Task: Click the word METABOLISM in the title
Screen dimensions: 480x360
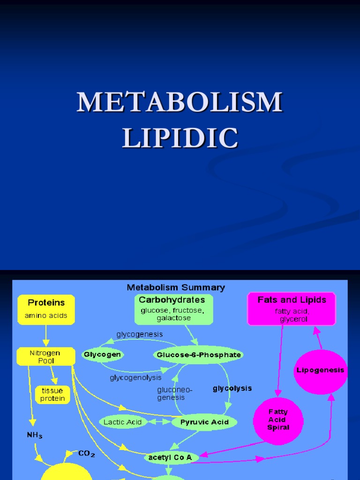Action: (x=180, y=102)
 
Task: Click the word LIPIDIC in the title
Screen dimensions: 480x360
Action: (x=180, y=138)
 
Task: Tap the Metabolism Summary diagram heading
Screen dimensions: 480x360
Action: (x=176, y=287)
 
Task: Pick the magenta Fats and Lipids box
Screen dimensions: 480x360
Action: (x=292, y=308)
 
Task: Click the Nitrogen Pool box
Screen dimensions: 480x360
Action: (x=45, y=357)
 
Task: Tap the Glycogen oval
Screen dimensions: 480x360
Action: (x=102, y=355)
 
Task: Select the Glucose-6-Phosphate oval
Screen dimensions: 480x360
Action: (x=199, y=355)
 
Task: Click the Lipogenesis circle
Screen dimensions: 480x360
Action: (x=320, y=370)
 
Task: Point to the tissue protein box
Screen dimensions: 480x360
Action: (x=52, y=394)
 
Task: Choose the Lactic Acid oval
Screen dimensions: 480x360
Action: (x=123, y=422)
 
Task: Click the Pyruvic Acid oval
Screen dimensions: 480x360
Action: (x=204, y=422)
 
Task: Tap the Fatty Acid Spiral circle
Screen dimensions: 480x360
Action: (x=278, y=420)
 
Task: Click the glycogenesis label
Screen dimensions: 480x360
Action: (x=140, y=334)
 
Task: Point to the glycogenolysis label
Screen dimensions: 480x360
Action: (x=135, y=377)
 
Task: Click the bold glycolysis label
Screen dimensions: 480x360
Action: (x=232, y=388)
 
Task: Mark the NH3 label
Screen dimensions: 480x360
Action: (x=34, y=435)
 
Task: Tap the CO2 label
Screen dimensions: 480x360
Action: (x=87, y=453)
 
